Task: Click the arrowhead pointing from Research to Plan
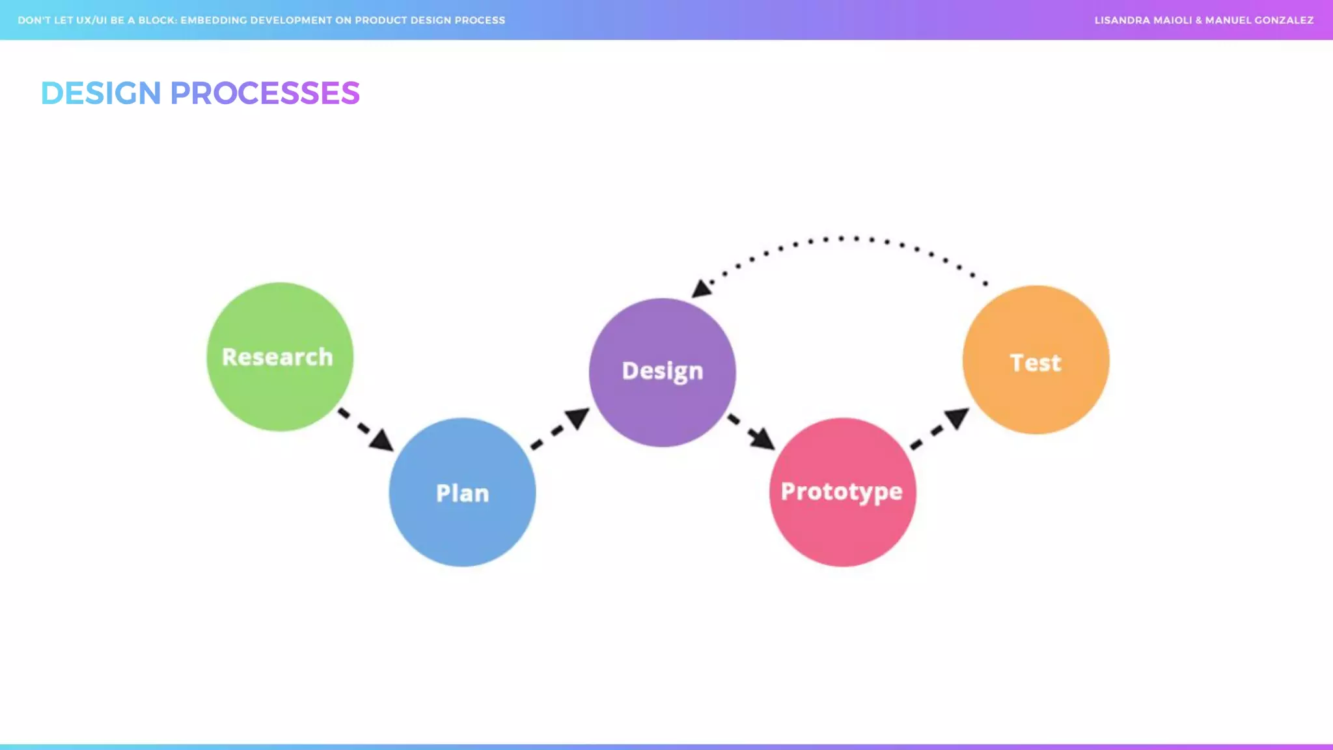point(383,441)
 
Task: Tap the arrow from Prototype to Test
point(940,428)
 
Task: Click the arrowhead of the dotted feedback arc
point(700,288)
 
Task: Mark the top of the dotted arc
point(841,238)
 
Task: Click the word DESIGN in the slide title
point(101,93)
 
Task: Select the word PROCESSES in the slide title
point(264,93)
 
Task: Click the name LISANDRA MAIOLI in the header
point(1143,20)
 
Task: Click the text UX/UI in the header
point(91,20)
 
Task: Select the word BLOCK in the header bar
point(157,20)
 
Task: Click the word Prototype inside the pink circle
point(842,492)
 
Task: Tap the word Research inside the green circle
point(277,357)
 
